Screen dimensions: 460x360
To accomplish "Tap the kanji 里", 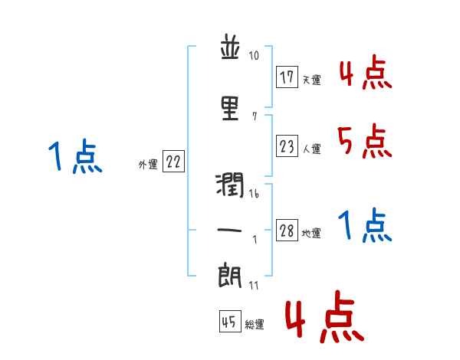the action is [x=231, y=108].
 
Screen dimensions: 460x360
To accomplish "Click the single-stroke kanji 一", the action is [x=231, y=230].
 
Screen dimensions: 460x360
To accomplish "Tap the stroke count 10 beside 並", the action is [x=254, y=56].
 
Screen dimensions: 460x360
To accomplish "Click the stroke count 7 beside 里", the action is [x=254, y=117].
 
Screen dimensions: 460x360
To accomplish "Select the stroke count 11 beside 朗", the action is [x=254, y=286].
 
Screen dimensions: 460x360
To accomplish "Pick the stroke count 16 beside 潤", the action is [x=254, y=195].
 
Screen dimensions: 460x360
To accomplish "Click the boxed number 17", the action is [x=287, y=77].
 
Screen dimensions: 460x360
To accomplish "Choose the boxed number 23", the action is [x=287, y=146].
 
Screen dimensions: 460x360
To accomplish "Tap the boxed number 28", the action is [x=287, y=231].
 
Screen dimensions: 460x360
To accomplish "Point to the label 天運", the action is [x=311, y=79].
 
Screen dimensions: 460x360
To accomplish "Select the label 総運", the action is [x=255, y=325].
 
